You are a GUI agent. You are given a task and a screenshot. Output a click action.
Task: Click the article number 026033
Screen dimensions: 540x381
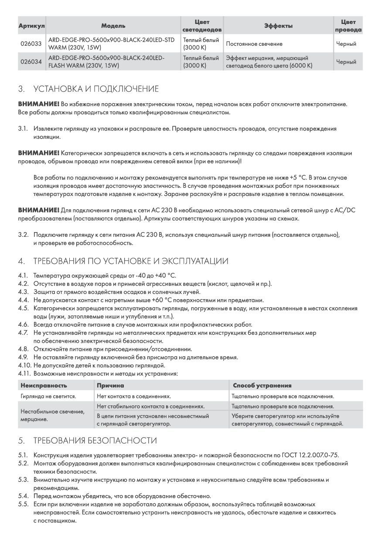click(31, 44)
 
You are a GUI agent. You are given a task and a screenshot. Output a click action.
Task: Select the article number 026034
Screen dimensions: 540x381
click(31, 62)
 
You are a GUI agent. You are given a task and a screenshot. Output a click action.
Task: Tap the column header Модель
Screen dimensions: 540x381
click(113, 26)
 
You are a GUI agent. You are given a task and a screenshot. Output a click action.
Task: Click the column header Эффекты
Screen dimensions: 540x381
click(278, 26)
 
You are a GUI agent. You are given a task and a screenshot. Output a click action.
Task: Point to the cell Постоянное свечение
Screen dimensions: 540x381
click(254, 44)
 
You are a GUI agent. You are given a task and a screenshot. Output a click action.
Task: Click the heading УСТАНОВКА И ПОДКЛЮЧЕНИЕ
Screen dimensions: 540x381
click(96, 89)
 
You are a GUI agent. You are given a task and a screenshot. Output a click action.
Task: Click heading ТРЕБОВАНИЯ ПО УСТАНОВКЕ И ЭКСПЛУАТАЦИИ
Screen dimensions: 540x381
click(130, 261)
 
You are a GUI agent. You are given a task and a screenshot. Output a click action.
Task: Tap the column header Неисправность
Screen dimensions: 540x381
click(44, 385)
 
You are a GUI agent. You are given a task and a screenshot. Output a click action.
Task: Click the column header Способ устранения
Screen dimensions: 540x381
click(262, 385)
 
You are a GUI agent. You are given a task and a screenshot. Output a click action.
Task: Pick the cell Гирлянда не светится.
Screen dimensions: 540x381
click(48, 396)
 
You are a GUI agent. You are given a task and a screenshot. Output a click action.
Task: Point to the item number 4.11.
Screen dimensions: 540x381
click(25, 373)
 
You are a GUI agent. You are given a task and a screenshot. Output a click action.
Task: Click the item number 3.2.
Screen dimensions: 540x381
click(24, 235)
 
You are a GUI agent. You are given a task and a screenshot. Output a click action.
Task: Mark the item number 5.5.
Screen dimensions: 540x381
click(24, 504)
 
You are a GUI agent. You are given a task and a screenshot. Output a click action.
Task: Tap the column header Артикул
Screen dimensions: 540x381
click(31, 26)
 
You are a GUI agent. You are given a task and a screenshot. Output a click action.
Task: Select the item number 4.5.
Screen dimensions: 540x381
click(24, 308)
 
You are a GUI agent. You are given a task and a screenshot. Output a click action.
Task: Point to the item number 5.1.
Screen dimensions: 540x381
click(24, 455)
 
